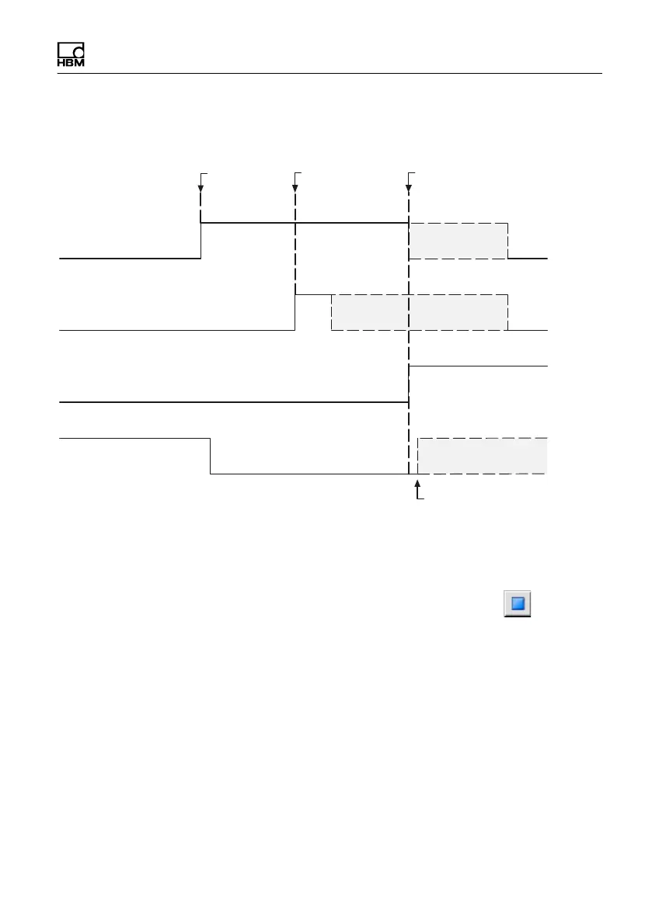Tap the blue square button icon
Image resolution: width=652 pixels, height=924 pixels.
pyautogui.click(x=518, y=603)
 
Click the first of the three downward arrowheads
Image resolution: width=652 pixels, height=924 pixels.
pyautogui.click(x=201, y=187)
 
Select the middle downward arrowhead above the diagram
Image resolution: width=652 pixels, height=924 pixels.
pyautogui.click(x=295, y=187)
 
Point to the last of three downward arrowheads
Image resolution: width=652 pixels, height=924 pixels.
pyautogui.click(x=409, y=187)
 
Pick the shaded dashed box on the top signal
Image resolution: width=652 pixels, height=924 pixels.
pyautogui.click(x=458, y=241)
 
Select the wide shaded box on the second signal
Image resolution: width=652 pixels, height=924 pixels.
pyautogui.click(x=420, y=312)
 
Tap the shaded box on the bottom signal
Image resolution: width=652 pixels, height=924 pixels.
pyautogui.click(x=482, y=456)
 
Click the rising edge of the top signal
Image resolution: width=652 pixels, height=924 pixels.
pyautogui.click(x=201, y=241)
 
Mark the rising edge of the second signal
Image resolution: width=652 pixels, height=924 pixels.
pyautogui.click(x=295, y=312)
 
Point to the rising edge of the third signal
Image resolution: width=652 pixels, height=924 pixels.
pyautogui.click(x=410, y=384)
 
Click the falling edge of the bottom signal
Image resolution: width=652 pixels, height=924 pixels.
pyautogui.click(x=211, y=456)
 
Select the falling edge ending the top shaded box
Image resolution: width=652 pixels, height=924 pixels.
pyautogui.click(x=508, y=241)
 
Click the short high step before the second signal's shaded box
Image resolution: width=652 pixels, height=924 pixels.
pyautogui.click(x=313, y=294)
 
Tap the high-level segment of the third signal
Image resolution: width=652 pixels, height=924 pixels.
pyautogui.click(x=478, y=365)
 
